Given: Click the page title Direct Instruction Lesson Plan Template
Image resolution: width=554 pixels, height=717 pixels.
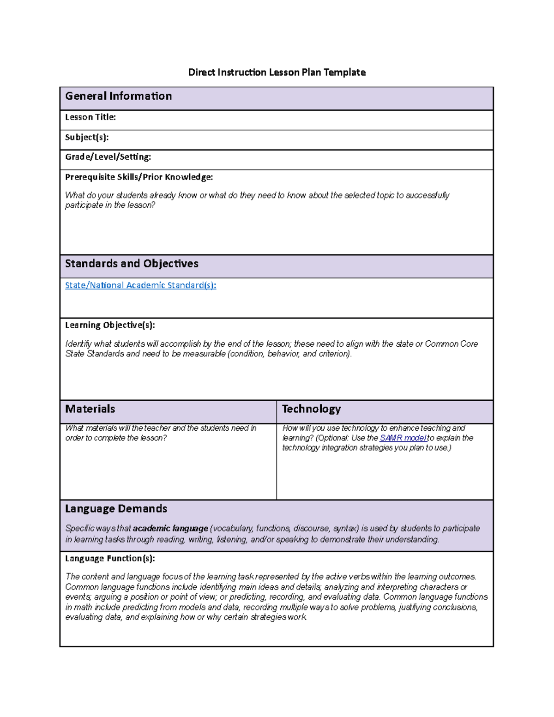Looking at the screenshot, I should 277,72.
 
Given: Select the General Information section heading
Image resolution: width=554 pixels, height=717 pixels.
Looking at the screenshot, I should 118,96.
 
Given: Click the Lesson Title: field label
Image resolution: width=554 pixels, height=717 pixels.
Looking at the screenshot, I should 90,117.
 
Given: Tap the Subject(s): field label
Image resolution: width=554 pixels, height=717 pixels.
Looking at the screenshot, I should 87,137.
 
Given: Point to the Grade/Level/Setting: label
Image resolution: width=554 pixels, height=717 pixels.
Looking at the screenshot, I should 108,157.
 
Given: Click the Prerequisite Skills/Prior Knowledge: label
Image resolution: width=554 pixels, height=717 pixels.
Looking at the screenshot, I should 139,177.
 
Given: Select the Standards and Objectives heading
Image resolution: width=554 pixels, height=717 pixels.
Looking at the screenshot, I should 132,264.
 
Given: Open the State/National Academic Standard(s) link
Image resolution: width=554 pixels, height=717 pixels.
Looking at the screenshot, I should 140,285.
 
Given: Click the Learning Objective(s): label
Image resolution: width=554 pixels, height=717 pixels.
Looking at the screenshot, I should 110,325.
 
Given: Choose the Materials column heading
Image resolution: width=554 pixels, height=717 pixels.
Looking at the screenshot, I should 90,409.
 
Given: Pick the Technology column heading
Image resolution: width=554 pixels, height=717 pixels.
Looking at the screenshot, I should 311,409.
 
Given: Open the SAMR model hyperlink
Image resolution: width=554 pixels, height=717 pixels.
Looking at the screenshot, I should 403,438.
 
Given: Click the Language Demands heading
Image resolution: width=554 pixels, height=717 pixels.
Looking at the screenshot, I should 116,509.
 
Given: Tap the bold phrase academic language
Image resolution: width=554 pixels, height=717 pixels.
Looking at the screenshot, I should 170,528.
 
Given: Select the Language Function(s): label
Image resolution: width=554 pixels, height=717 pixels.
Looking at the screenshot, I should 110,558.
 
